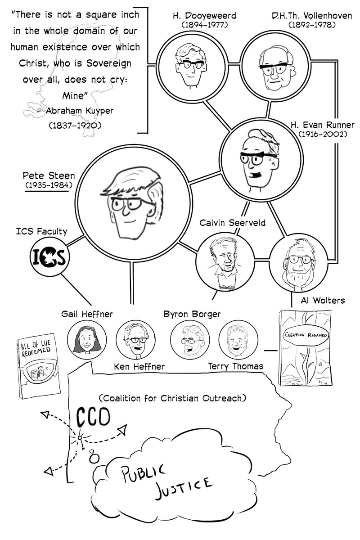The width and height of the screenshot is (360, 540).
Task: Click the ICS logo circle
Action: point(49,257)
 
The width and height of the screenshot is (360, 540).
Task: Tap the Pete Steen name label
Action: point(49,175)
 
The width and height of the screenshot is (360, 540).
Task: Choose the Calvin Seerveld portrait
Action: point(225,261)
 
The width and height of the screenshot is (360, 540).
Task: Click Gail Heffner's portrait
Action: point(87,340)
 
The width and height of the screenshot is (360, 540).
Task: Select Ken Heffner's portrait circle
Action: point(135,340)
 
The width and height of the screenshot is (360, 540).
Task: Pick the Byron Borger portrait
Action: point(190,340)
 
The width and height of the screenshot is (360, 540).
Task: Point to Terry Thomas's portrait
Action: point(238,340)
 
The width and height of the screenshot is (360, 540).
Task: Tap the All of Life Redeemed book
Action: point(39,366)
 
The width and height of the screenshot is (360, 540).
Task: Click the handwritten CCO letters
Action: point(93,417)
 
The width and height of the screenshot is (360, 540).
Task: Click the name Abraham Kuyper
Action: point(80,111)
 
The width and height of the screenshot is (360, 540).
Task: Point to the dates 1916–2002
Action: point(323,134)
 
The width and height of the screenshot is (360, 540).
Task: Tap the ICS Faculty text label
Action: point(41,231)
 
